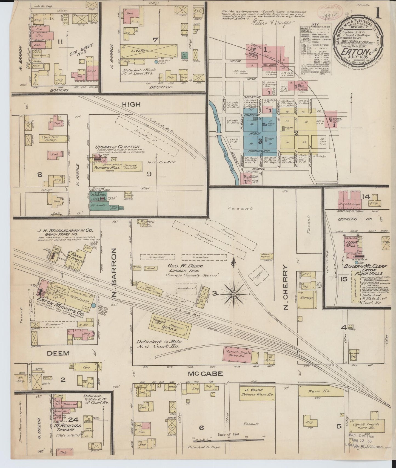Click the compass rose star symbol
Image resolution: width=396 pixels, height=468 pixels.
(234, 294)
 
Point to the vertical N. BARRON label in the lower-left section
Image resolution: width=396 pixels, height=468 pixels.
(114, 273)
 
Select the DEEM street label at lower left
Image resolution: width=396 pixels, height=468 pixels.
(58, 353)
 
